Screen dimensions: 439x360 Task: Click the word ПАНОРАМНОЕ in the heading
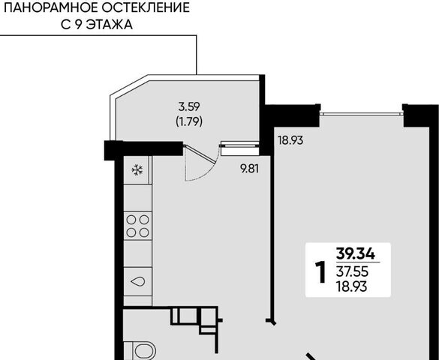pyautogui.click(x=51, y=7)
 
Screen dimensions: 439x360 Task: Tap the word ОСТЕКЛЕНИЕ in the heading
pyautogui.click(x=146, y=7)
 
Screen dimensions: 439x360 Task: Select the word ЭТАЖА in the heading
pyautogui.click(x=109, y=25)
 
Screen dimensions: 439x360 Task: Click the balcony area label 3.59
pyautogui.click(x=189, y=106)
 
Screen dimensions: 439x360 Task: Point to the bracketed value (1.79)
pyautogui.click(x=189, y=121)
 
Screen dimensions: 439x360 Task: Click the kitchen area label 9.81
pyautogui.click(x=250, y=169)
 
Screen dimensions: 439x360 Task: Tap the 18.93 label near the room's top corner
pyautogui.click(x=290, y=140)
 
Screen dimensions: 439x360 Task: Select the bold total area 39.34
pyautogui.click(x=355, y=254)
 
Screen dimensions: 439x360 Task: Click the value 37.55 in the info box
pyautogui.click(x=353, y=271)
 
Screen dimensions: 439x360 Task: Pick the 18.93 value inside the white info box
pyautogui.click(x=352, y=286)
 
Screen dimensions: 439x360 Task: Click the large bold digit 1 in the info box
pyautogui.click(x=321, y=272)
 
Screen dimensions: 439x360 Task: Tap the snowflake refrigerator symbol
pyautogui.click(x=137, y=170)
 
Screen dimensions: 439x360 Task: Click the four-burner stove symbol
pyautogui.click(x=137, y=226)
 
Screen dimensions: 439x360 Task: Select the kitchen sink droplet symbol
pyautogui.click(x=137, y=281)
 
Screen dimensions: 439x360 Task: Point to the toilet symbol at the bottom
pyautogui.click(x=144, y=351)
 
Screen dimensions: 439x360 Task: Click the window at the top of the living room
pyautogui.click(x=362, y=113)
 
